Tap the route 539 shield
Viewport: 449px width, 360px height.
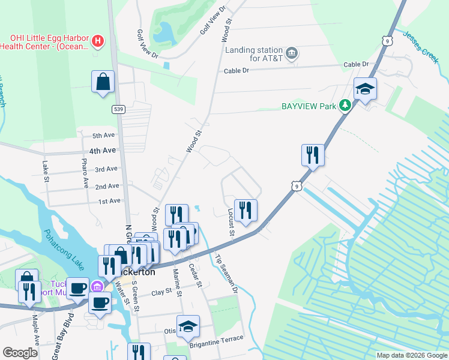coord(118,109)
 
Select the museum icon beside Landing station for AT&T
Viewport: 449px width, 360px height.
coord(292,53)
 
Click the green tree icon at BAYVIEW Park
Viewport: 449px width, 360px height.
coord(345,106)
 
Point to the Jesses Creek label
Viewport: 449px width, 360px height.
coord(421,44)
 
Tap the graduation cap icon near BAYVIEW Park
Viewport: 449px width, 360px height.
coord(365,89)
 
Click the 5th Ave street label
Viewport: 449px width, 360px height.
coord(103,136)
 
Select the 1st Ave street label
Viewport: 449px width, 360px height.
coord(109,201)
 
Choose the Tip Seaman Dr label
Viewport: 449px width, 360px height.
coord(226,273)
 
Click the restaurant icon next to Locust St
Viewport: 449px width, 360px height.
coord(246,209)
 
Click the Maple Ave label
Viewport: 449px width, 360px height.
coord(35,339)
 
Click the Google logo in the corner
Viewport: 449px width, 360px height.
coord(20,353)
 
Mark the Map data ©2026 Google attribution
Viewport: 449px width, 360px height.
coord(411,355)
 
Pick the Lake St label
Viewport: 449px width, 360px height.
coord(46,171)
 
